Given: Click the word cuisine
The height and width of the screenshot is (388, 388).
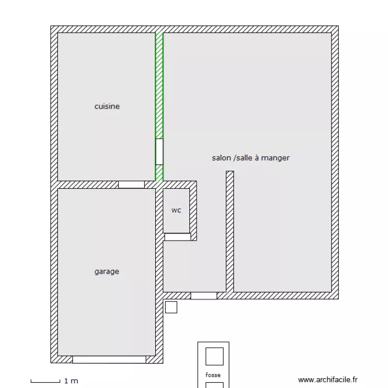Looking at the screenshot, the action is click(107, 107).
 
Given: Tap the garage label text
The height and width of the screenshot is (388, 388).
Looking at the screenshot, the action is click(107, 272).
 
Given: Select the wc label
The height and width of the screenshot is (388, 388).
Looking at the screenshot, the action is click(176, 211).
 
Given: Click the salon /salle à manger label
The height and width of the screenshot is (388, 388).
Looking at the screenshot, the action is click(251, 158).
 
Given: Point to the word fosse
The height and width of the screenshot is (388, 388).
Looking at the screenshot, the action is click(213, 375).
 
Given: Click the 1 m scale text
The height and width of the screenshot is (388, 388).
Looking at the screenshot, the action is click(71, 381).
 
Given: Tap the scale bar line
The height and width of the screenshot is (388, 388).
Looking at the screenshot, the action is click(46, 382).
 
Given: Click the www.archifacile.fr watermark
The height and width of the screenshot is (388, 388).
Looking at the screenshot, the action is click(328, 380).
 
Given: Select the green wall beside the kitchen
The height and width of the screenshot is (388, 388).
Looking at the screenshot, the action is click(159, 107).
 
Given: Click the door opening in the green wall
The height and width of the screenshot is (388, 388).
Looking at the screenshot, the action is click(159, 152).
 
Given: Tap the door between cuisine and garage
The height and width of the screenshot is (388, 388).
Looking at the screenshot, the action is click(131, 185).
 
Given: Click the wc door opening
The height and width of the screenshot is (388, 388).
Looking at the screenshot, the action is click(177, 237).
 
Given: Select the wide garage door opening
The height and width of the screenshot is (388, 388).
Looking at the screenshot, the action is click(109, 360).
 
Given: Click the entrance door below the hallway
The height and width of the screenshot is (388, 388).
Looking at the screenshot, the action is click(204, 296).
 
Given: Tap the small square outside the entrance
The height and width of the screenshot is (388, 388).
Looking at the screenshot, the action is click(171, 307).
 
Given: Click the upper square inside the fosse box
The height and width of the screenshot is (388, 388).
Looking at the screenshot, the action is click(215, 356).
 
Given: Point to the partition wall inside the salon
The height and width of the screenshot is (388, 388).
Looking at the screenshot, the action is click(230, 232).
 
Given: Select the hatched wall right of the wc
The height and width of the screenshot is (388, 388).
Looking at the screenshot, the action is click(193, 211).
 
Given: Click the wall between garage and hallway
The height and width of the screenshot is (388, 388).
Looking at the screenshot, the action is click(159, 272).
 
